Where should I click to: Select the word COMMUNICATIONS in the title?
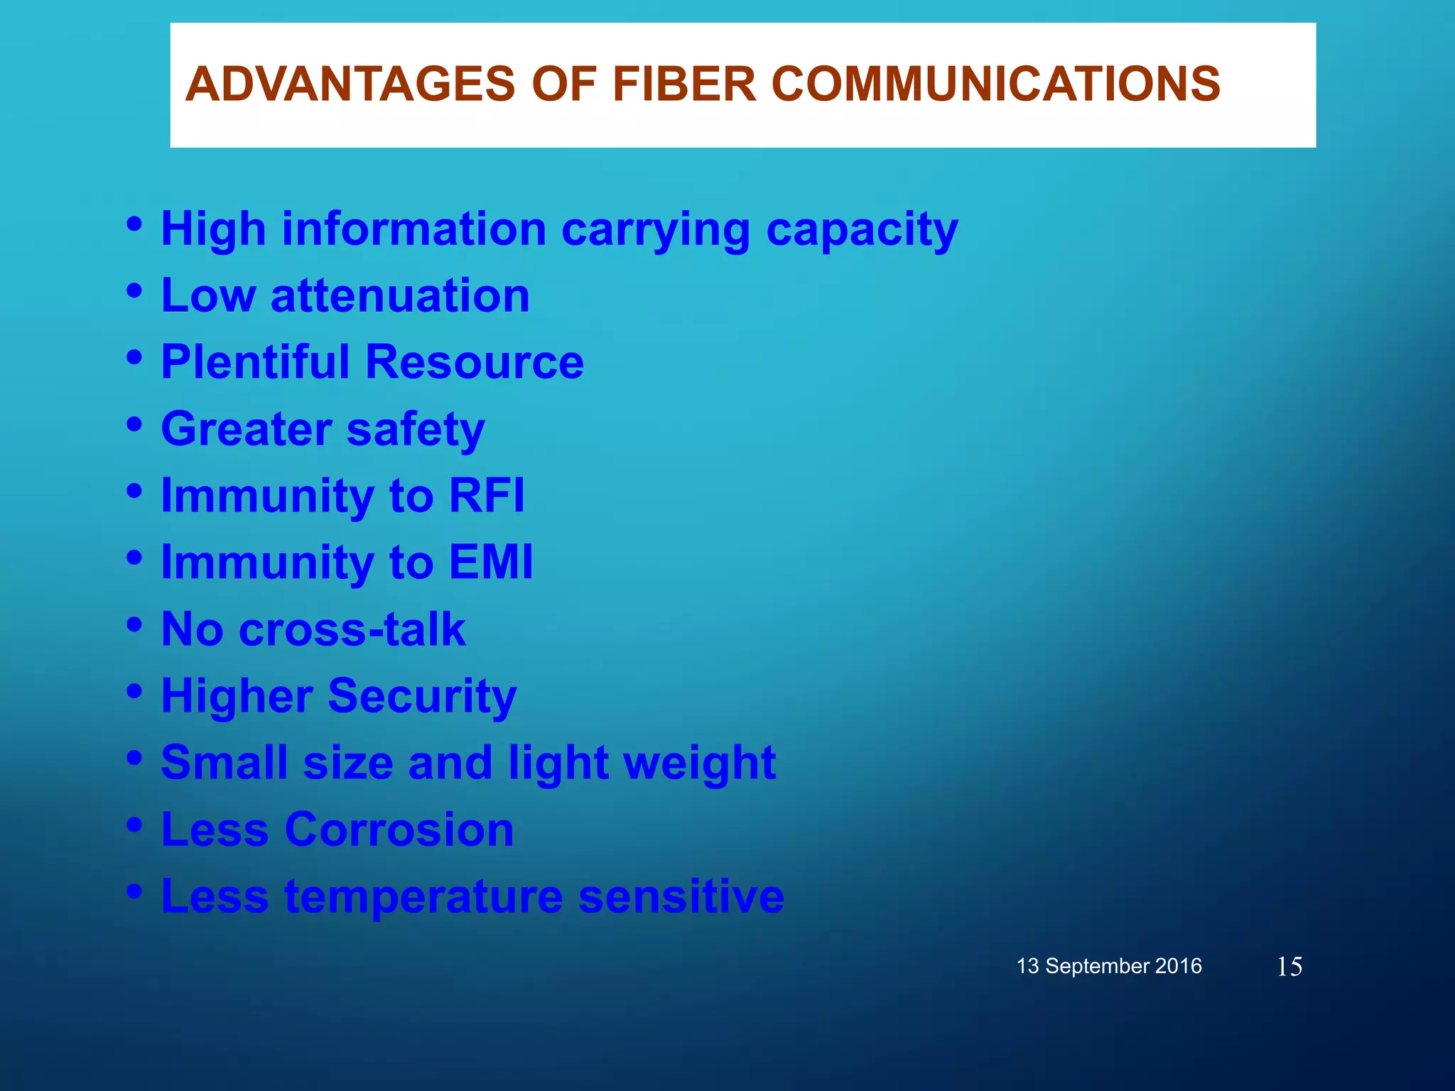[x=995, y=84]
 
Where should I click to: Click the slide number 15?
[x=1289, y=967]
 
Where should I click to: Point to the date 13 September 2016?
[x=1109, y=966]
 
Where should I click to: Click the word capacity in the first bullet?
[x=862, y=230]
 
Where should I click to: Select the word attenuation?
[x=400, y=295]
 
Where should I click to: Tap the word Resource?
[x=475, y=362]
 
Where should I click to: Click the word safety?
[x=416, y=430]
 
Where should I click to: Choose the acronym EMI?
[x=491, y=562]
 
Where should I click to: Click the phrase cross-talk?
[x=352, y=629]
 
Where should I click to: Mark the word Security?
[x=422, y=696]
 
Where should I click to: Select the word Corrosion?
[x=399, y=829]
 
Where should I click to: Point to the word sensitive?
[x=681, y=896]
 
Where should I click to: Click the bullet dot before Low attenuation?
[x=134, y=291]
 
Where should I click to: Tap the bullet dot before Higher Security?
[x=134, y=691]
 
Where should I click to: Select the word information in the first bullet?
[x=414, y=229]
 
